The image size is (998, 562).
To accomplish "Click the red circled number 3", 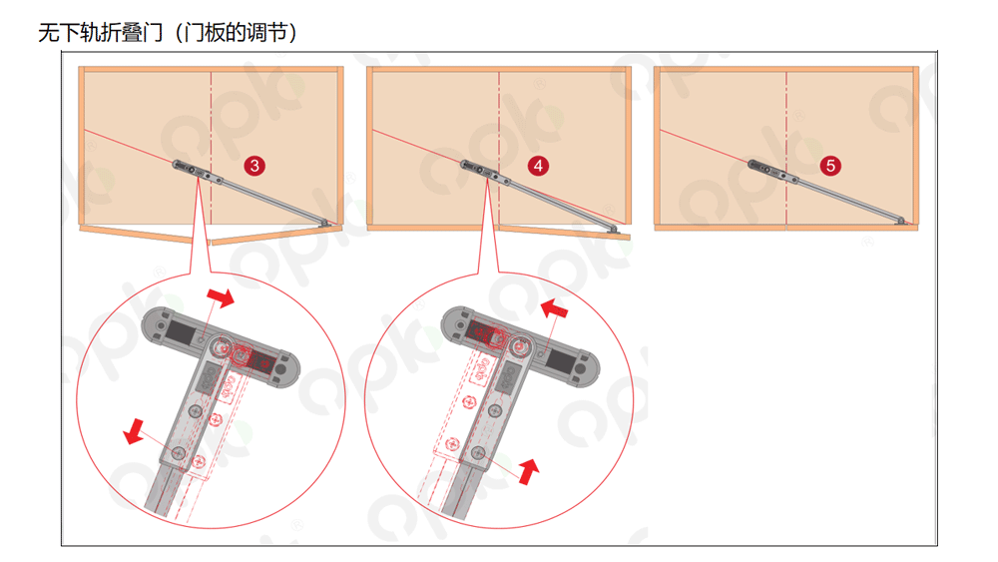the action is tap(254, 166).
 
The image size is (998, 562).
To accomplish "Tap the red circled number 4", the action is tap(539, 166).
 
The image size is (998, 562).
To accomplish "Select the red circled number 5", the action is tap(830, 166).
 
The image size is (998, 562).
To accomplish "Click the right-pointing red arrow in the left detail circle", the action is tap(221, 296).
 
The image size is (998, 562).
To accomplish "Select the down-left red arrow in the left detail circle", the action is tap(134, 431).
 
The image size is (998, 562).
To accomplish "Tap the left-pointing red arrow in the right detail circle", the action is tap(554, 308).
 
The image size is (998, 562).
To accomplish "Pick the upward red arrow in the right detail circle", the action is tap(528, 471).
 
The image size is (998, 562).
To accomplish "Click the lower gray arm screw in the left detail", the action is tap(179, 453).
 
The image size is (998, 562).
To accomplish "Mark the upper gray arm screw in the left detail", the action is tap(196, 411).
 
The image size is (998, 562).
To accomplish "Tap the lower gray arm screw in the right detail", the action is tap(479, 453).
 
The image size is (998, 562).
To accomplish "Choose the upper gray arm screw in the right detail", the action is tap(496, 411).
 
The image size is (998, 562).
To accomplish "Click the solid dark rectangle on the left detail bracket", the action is tap(181, 332).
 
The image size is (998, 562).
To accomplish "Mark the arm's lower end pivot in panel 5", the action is tap(900, 221).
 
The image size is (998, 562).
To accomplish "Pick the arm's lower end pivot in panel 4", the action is tap(613, 229).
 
